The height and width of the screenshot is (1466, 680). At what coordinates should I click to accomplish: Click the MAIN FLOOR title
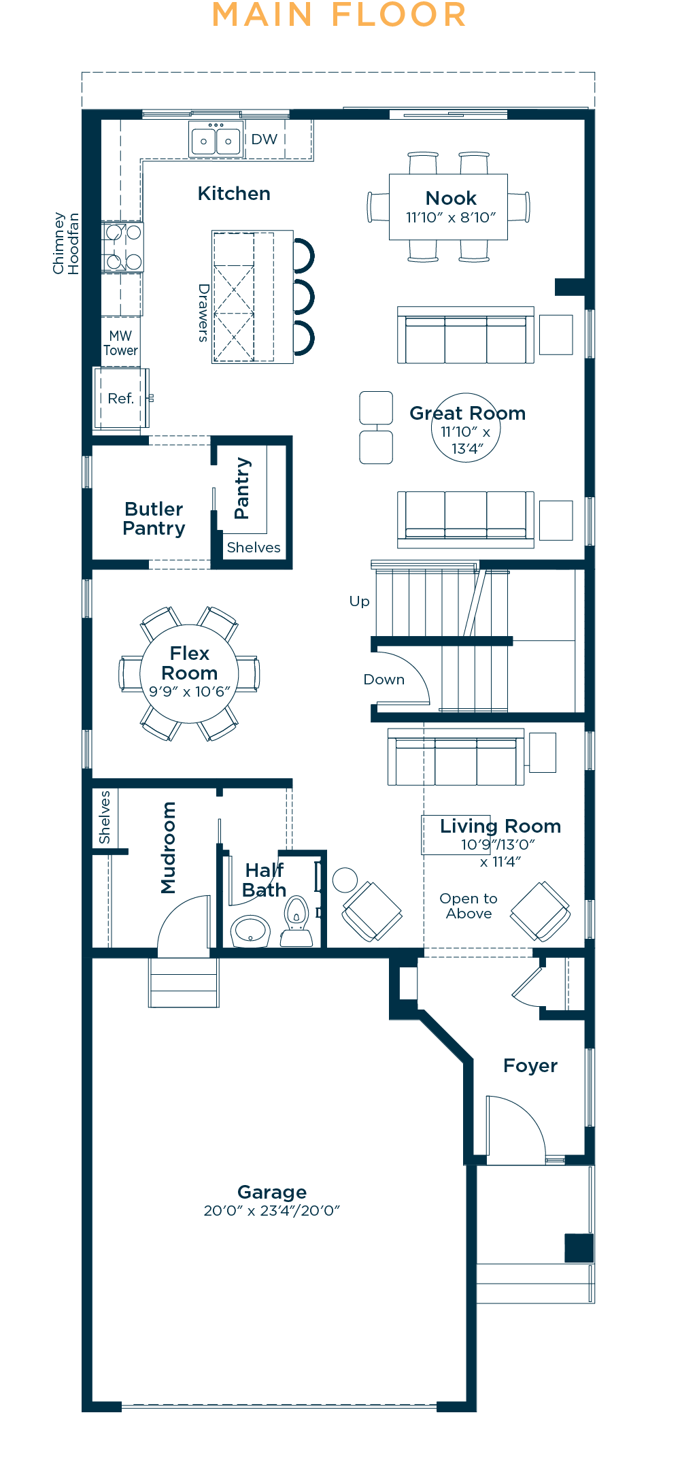tap(339, 15)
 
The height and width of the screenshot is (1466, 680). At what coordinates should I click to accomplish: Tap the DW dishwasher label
tap(265, 139)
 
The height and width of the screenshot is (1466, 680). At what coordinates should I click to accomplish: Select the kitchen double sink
tap(216, 140)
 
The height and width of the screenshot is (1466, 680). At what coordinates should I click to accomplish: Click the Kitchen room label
tap(234, 194)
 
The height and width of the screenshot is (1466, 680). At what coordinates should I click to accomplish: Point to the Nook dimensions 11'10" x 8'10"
tap(451, 218)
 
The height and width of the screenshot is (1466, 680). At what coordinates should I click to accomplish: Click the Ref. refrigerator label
tap(121, 399)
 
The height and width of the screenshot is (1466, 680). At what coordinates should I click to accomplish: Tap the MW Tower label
tap(120, 344)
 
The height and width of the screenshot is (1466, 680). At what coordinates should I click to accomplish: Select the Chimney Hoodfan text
tap(66, 244)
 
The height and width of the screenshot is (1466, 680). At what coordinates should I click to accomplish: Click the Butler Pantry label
tap(154, 519)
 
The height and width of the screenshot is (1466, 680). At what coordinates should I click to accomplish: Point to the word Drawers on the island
tap(203, 312)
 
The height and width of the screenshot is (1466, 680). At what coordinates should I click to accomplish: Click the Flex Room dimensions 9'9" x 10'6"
tap(190, 692)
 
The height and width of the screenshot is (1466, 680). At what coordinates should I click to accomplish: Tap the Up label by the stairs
tap(360, 602)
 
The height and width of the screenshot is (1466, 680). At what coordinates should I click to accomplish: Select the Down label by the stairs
tap(384, 680)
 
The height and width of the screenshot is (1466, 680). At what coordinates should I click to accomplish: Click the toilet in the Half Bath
tap(296, 922)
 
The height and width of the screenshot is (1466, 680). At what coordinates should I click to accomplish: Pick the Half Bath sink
tap(250, 931)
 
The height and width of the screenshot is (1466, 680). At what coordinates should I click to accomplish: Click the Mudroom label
tap(168, 848)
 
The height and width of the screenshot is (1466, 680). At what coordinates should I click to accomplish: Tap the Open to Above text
tap(469, 906)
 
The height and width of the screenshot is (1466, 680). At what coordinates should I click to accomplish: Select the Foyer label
tap(530, 1066)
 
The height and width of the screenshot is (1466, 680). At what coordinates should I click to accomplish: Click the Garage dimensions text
tap(272, 1211)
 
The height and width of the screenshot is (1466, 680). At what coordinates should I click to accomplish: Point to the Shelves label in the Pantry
tap(254, 548)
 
